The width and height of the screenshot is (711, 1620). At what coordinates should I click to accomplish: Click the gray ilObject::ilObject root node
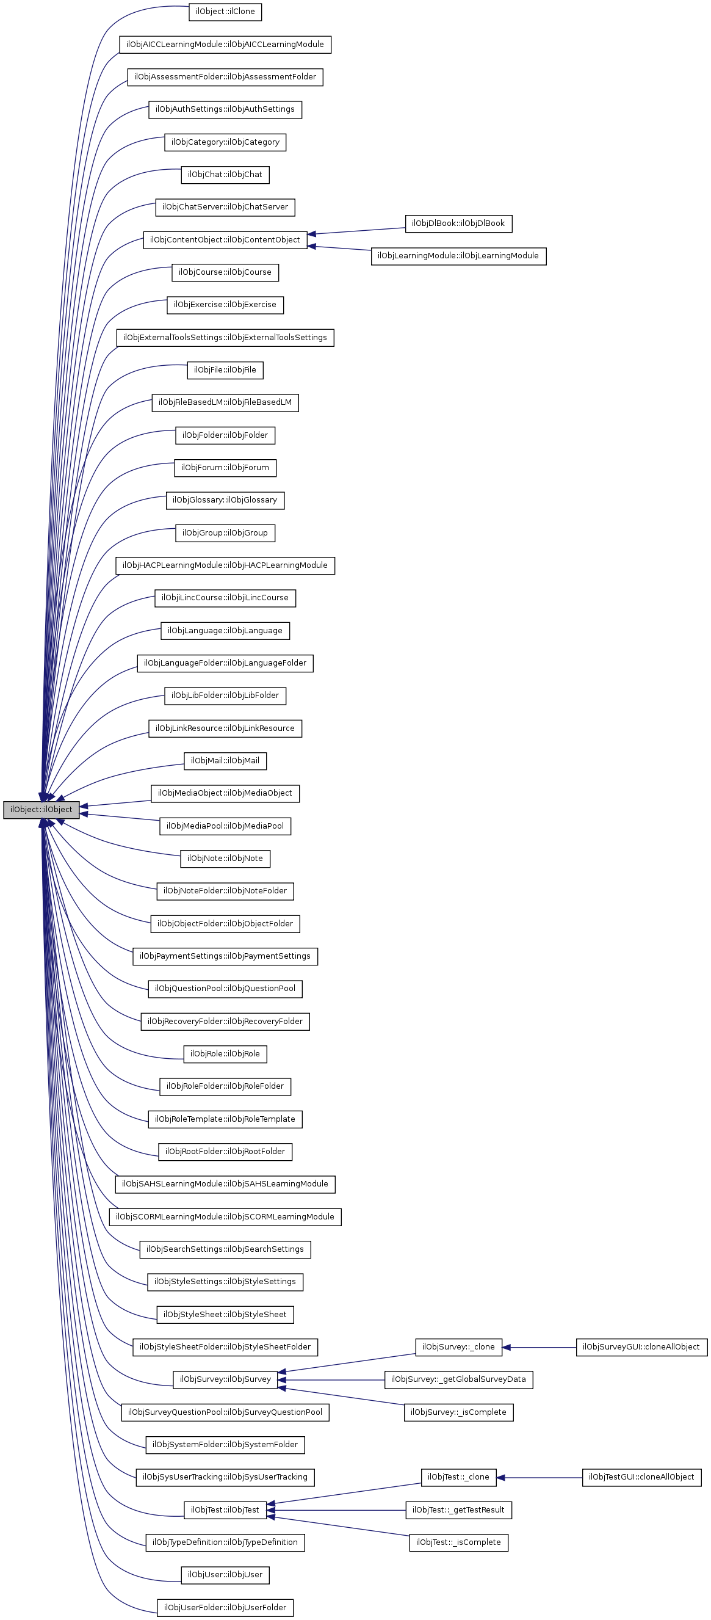41,809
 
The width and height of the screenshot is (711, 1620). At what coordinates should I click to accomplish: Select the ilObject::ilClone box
225,12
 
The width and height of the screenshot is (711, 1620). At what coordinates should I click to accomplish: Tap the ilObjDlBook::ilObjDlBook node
458,223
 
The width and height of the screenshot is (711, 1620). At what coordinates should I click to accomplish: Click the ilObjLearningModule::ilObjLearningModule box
458,256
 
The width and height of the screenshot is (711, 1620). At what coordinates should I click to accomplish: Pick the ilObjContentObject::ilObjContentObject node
225,239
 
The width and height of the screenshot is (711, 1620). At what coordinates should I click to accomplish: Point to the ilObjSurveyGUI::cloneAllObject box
641,1346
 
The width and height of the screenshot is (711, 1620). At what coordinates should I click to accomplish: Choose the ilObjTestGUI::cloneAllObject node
641,1477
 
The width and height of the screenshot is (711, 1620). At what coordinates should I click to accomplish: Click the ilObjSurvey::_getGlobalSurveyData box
458,1379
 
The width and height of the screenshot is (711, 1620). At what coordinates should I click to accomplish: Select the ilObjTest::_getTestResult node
458,1509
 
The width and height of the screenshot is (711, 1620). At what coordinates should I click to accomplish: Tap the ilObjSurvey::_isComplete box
458,1412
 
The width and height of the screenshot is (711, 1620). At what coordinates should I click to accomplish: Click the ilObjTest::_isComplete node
458,1542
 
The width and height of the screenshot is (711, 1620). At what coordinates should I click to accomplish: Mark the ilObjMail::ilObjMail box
225,760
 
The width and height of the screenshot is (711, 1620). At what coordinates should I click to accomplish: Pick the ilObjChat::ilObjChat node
225,174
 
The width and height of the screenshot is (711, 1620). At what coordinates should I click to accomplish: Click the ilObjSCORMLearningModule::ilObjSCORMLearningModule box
225,1216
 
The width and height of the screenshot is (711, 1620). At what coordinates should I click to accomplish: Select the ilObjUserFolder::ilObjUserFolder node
225,1607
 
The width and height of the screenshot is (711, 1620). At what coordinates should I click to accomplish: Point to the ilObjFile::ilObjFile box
225,370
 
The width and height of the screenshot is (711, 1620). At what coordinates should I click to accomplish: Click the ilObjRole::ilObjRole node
225,1053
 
